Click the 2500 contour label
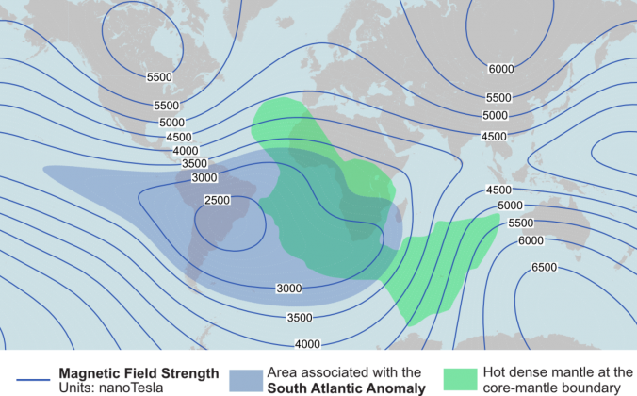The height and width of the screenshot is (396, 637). (x=217, y=200)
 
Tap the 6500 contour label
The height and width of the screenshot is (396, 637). (x=544, y=268)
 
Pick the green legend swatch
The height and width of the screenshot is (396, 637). (x=461, y=379)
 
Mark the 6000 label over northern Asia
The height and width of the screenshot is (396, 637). (x=501, y=69)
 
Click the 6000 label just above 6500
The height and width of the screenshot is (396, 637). (x=531, y=240)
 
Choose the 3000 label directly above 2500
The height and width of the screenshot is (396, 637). (x=204, y=177)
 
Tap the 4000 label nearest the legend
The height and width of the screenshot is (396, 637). (x=307, y=343)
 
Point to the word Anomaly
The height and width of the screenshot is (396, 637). (x=399, y=387)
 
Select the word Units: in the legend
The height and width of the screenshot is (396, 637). (x=77, y=387)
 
